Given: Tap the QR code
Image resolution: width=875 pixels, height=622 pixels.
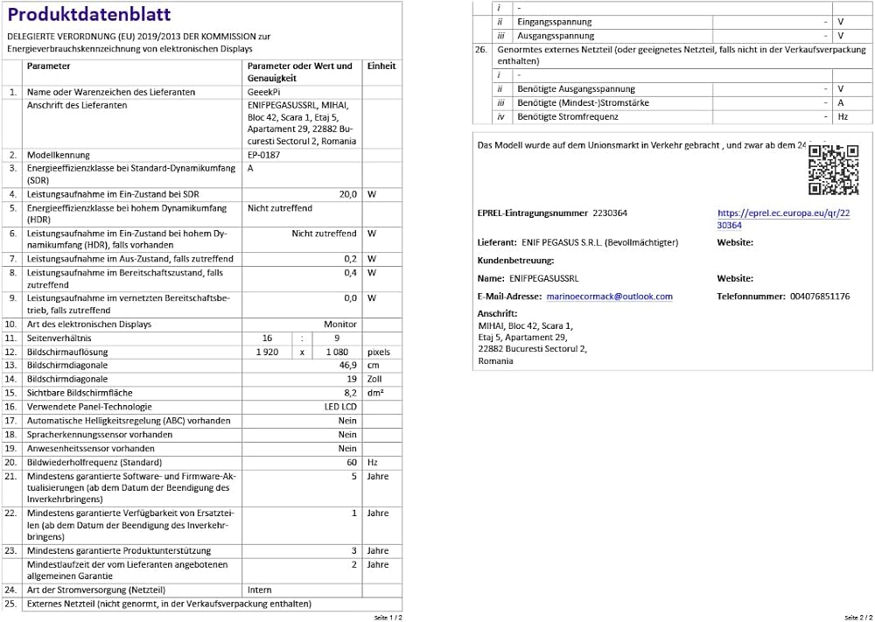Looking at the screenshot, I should [832, 169].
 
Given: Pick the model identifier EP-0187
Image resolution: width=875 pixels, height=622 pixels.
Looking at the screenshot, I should [263, 154].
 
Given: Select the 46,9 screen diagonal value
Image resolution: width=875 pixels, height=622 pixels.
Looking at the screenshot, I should [346, 365].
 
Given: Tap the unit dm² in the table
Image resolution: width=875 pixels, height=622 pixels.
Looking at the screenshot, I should [377, 393].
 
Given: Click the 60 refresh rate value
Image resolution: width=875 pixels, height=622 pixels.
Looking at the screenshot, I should [352, 462].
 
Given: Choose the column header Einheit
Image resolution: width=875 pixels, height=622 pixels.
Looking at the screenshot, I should [381, 66].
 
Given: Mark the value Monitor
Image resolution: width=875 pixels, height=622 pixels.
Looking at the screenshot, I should [340, 325].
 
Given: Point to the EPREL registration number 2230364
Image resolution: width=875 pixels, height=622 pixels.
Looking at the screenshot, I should [610, 213].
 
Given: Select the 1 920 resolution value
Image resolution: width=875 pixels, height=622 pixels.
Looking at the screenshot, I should [267, 352].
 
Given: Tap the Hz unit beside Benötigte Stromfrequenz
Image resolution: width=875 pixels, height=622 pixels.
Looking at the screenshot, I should [842, 116].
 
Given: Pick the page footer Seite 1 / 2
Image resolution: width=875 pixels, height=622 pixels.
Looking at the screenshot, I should [388, 617].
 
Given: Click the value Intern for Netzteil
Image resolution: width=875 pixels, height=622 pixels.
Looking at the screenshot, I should [260, 590].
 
